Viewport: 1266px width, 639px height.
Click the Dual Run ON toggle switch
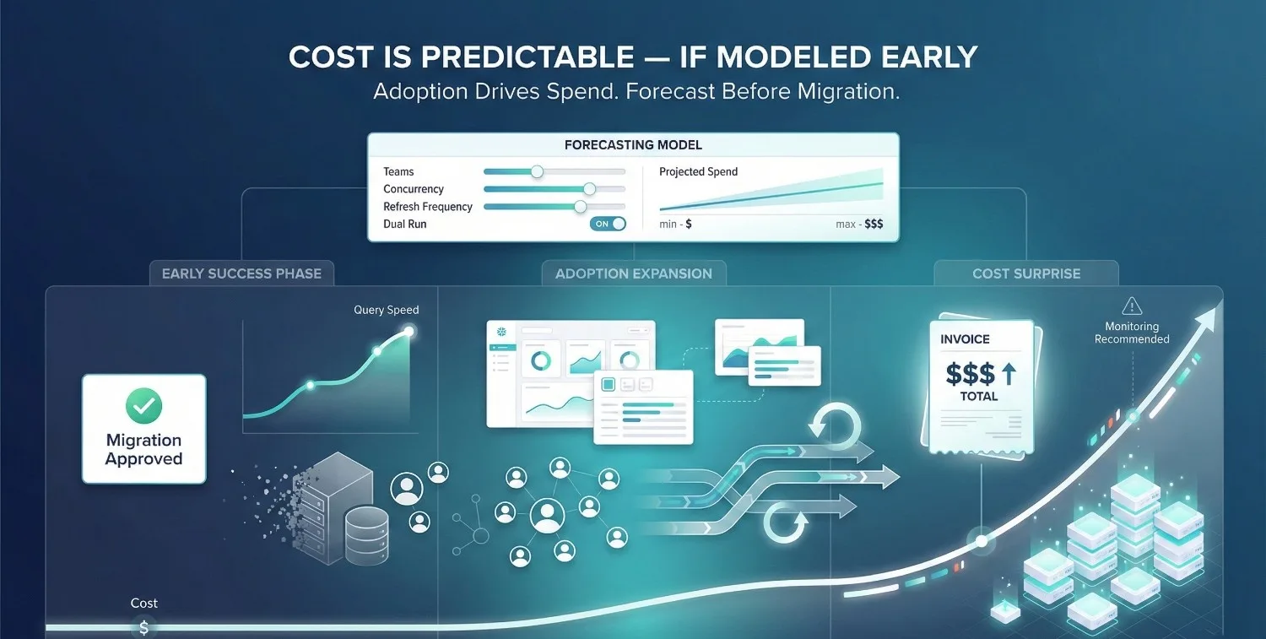[x=609, y=224]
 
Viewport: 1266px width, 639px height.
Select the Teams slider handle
[x=537, y=171]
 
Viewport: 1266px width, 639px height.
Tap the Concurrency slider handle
[x=589, y=189]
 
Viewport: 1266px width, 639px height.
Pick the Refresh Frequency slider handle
[x=580, y=207]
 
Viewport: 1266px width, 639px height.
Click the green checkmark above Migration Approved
[x=143, y=406]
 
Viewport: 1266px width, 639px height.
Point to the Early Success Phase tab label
[x=241, y=273]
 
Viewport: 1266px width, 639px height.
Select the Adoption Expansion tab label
[x=633, y=273]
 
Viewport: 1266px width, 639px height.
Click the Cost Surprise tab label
[x=1025, y=273]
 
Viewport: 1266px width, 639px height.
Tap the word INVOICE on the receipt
[x=965, y=339]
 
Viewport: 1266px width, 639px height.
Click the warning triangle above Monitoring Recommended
[x=1132, y=306]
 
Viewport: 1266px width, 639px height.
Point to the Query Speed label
[x=386, y=310]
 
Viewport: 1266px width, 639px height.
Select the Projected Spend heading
[x=698, y=171]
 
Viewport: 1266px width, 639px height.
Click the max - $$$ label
[x=859, y=225]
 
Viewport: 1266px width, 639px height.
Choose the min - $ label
[x=675, y=225]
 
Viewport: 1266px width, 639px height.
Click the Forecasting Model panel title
[x=633, y=145]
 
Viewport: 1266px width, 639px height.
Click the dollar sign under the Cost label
[x=143, y=627]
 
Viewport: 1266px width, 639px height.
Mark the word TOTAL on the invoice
[x=978, y=396]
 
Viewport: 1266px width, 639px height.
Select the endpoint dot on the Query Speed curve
[x=410, y=331]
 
